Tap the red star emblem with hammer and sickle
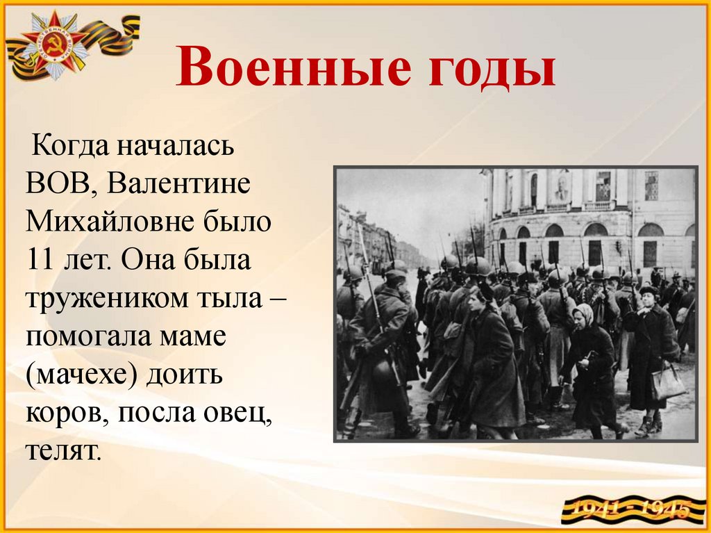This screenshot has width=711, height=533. [53, 44]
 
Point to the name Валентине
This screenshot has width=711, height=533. [178, 183]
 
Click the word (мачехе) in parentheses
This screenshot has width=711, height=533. [80, 375]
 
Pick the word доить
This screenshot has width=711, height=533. [184, 375]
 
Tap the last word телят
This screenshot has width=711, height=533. [62, 451]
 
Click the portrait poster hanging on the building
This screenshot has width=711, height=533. [561, 187]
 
